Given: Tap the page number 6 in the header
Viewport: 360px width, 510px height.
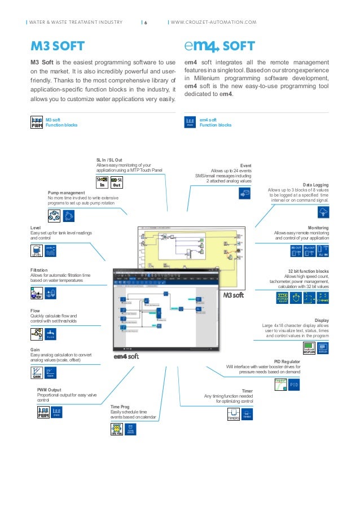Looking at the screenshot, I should click(x=145, y=23).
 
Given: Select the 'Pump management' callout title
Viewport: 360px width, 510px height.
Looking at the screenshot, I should click(x=65, y=193).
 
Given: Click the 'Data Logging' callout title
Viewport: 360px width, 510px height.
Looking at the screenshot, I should click(x=315, y=185).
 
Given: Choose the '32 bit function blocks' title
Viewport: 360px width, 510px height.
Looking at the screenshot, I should click(x=308, y=271).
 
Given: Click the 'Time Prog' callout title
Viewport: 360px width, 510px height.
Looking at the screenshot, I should click(x=120, y=406).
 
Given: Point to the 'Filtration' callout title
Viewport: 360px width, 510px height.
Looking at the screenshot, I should click(x=39, y=270).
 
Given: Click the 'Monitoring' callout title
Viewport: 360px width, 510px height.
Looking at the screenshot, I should click(x=318, y=227).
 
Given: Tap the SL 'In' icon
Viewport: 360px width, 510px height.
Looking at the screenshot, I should click(x=103, y=182).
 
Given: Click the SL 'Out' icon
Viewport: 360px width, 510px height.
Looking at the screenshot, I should click(x=117, y=182).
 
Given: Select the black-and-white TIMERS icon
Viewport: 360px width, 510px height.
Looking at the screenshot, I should click(x=233, y=416).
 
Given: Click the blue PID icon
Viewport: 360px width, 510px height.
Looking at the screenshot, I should click(x=294, y=385).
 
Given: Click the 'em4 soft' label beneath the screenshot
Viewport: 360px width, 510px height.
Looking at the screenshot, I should click(x=126, y=356).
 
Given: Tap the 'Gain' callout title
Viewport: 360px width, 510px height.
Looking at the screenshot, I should click(x=35, y=350).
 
